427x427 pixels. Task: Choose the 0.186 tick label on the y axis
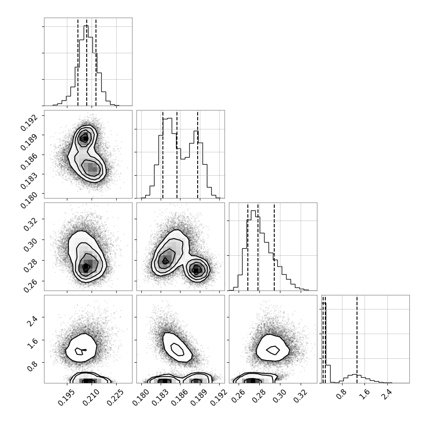(x=28, y=162)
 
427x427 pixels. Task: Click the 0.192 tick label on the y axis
(x=28, y=123)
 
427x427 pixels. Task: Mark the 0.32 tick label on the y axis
(x=30, y=225)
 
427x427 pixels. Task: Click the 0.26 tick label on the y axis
(x=30, y=286)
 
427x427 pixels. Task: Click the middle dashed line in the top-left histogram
(x=87, y=62)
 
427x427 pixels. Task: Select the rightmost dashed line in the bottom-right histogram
(x=357, y=339)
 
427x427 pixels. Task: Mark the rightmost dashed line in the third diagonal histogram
(x=274, y=247)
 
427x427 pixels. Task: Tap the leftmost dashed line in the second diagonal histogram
(x=162, y=155)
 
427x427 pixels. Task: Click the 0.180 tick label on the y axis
(x=28, y=201)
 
